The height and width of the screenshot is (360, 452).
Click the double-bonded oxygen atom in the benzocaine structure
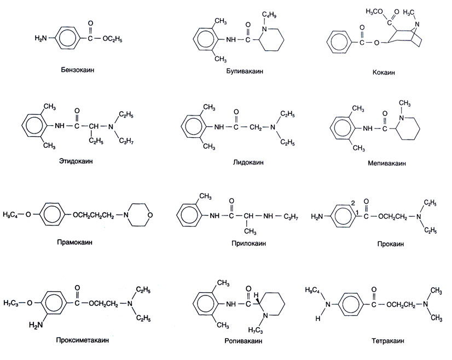pyautogui.click(x=90, y=24)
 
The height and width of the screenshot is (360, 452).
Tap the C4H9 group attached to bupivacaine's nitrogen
pyautogui.click(x=270, y=15)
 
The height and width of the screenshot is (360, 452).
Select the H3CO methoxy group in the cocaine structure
pyautogui.click(x=374, y=11)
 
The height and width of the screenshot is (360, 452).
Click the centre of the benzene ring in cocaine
pyautogui.click(x=342, y=43)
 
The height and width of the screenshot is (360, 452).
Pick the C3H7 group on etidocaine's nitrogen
pyautogui.click(x=126, y=141)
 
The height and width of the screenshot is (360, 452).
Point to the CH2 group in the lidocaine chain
pyautogui.click(x=256, y=127)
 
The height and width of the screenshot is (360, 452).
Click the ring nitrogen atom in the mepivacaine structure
pyautogui.click(x=401, y=118)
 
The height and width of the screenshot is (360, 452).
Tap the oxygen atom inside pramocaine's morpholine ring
pyautogui.click(x=150, y=214)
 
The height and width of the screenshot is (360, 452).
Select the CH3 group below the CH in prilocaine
pyautogui.click(x=250, y=231)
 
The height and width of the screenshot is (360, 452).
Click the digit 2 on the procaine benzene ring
pyautogui.click(x=352, y=203)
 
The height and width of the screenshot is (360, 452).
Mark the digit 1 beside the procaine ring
pyautogui.click(x=357, y=212)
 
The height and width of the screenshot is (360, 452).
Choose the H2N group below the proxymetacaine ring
pyautogui.click(x=36, y=324)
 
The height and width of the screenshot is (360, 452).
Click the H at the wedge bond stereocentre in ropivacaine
pyautogui.click(x=256, y=295)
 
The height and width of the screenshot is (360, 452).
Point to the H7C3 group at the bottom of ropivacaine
pyautogui.click(x=256, y=330)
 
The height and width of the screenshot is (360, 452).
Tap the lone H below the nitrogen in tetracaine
pyautogui.click(x=318, y=318)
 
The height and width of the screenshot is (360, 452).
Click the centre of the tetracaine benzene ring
pyautogui.click(x=350, y=304)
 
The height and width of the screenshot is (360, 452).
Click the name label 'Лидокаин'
pyautogui.click(x=248, y=162)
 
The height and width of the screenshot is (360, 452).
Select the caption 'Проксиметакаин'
pyautogui.click(x=83, y=340)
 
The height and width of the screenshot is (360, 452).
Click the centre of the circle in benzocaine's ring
pyautogui.click(x=66, y=38)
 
